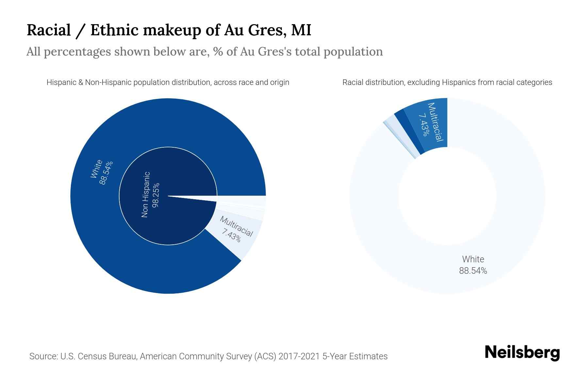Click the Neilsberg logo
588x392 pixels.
(x=522, y=353)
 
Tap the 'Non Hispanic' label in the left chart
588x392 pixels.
(x=146, y=195)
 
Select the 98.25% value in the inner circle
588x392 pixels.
(x=156, y=195)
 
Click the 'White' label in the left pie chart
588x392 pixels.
(x=96, y=169)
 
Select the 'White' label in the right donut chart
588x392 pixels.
(x=473, y=259)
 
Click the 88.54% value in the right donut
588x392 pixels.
(x=473, y=271)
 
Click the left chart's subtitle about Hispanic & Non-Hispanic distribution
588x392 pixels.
(x=168, y=82)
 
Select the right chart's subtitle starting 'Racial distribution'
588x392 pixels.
(x=447, y=82)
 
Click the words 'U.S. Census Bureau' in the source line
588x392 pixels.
(x=98, y=356)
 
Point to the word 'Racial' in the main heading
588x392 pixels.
(x=49, y=30)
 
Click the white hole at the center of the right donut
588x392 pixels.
(x=447, y=196)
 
